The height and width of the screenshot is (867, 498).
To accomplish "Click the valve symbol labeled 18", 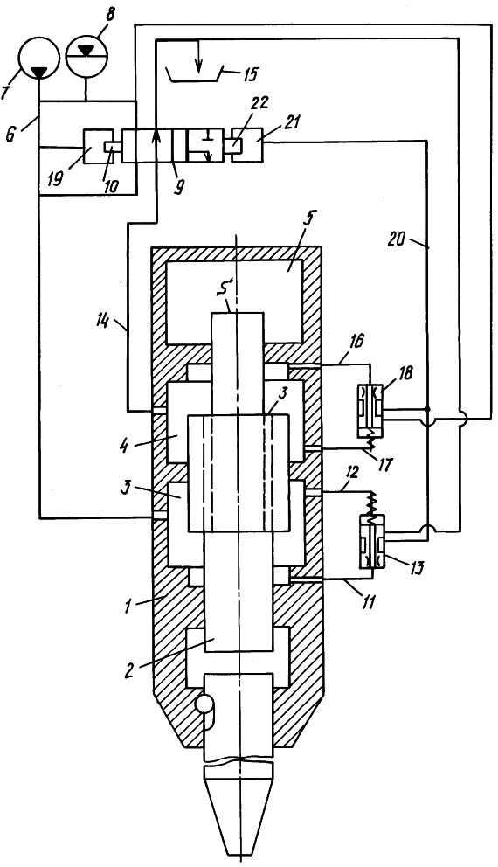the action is pos(370,409).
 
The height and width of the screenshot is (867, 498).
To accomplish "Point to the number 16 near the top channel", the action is pos(355,341).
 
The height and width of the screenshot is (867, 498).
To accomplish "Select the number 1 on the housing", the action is pos(128,606).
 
